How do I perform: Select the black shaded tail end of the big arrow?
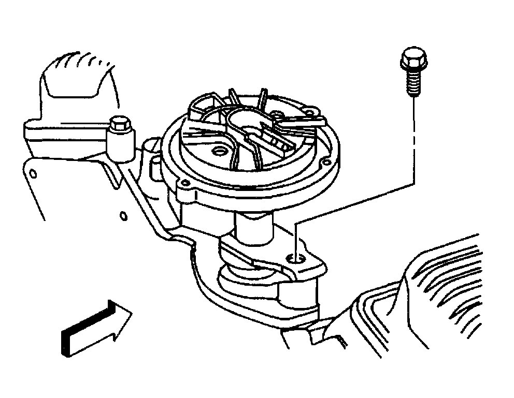pos(66,342)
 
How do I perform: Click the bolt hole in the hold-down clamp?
pos(295,257)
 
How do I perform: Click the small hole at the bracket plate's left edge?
pos(32,172)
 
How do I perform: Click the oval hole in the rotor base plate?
pos(220,151)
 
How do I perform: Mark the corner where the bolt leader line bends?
pos(414,183)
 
